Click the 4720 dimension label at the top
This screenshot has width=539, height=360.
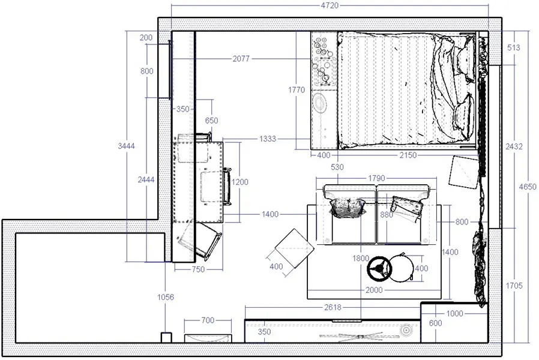(x=330, y=5)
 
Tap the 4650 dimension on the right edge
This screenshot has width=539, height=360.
(x=528, y=187)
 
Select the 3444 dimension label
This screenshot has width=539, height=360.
(x=127, y=146)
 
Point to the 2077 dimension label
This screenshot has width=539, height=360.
(x=241, y=59)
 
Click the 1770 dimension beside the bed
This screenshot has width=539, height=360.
(x=297, y=90)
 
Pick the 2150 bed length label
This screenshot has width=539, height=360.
(x=408, y=155)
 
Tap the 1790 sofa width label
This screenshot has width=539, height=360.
(x=376, y=179)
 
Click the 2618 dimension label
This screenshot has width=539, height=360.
(x=333, y=307)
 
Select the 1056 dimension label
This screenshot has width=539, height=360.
(x=166, y=297)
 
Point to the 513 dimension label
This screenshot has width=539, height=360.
(x=514, y=48)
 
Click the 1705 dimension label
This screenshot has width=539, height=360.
(x=514, y=286)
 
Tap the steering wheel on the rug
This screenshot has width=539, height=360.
(x=379, y=268)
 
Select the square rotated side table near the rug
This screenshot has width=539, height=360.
(x=295, y=248)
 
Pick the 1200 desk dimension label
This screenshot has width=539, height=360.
(x=239, y=182)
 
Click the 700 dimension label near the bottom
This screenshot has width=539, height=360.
(x=208, y=320)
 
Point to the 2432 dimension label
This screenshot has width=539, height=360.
(x=514, y=146)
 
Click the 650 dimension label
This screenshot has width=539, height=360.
(x=211, y=121)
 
